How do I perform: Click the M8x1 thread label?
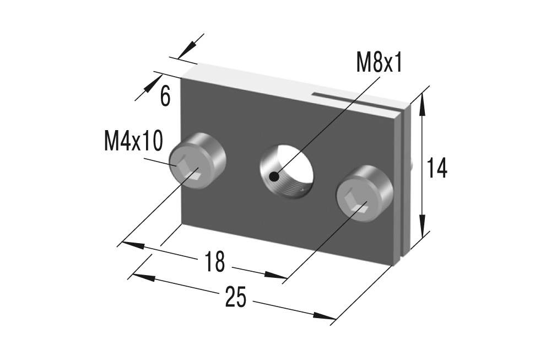point(379,63)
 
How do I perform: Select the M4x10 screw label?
point(133,141)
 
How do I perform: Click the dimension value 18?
point(214,261)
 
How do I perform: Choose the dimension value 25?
point(236,297)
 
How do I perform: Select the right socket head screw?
point(364,194)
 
